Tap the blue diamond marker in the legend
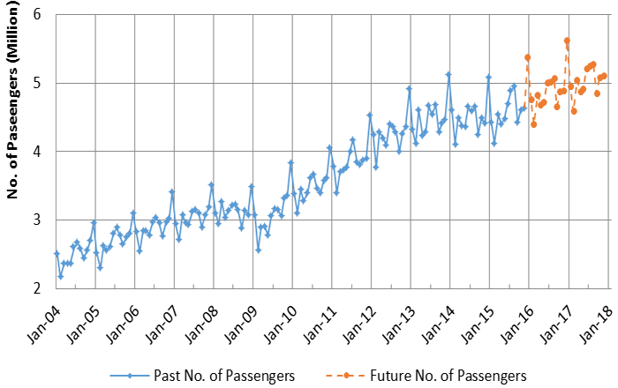(x=130, y=376)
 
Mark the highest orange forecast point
(x=567, y=41)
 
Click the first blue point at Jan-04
(x=57, y=253)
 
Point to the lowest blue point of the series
(x=60, y=276)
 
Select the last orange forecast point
(x=604, y=76)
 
